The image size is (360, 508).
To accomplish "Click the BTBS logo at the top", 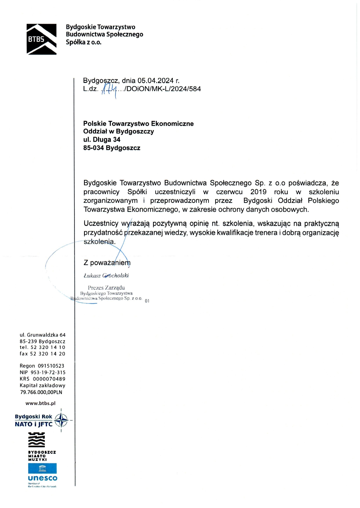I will pyautogui.click(x=41, y=39).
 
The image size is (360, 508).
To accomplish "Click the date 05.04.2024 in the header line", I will pyautogui.click(x=155, y=81).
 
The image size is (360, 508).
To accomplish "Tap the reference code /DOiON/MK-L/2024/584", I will pyautogui.click(x=162, y=89).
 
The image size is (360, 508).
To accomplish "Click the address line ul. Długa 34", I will pyautogui.click(x=102, y=140).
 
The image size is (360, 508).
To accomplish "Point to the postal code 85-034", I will pyautogui.click(x=93, y=148).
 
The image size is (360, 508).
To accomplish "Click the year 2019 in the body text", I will pyautogui.click(x=258, y=192).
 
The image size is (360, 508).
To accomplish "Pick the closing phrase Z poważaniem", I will pyautogui.click(x=107, y=263).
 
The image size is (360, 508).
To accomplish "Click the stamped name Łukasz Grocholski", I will pyautogui.click(x=106, y=276).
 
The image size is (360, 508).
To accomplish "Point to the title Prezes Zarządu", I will pyautogui.click(x=106, y=288).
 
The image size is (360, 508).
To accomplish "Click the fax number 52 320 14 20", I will pyautogui.click(x=48, y=354).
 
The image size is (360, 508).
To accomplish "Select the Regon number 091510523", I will pyautogui.click(x=51, y=366).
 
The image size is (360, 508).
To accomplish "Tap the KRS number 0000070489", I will pyautogui.click(x=49, y=379).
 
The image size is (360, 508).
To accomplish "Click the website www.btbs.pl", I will pyautogui.click(x=40, y=403).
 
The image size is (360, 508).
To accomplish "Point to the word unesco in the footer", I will pyautogui.click(x=43, y=478).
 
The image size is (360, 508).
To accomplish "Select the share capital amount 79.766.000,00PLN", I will pyautogui.click(x=41, y=392).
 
